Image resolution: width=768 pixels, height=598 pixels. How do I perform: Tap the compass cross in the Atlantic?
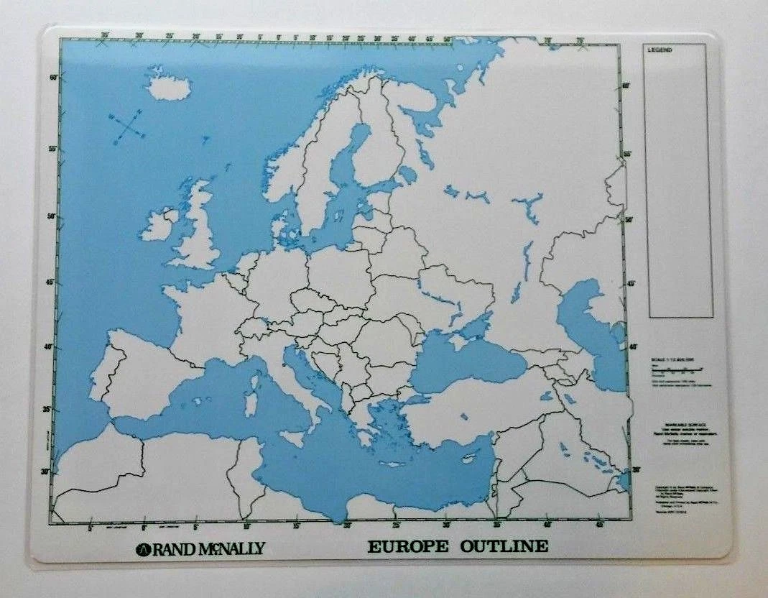(127, 125)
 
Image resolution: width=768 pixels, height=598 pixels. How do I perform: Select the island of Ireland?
(157, 226)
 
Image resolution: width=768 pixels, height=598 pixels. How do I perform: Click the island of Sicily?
(292, 438)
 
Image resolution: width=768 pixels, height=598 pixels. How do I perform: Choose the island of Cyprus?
(471, 458)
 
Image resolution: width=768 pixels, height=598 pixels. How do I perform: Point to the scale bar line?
(675, 370)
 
